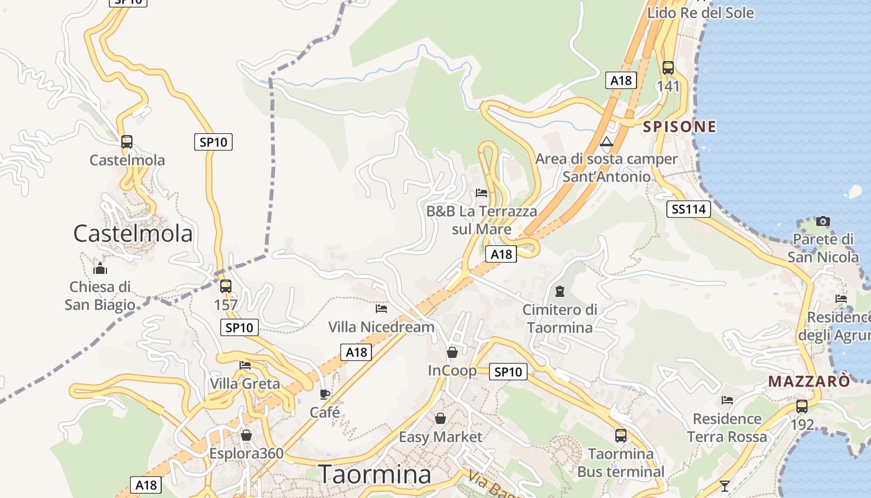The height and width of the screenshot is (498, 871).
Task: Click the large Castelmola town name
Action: tap(133, 234)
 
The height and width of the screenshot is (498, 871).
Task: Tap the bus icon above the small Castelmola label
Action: tap(127, 142)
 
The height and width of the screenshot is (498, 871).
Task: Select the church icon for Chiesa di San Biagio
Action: tap(100, 269)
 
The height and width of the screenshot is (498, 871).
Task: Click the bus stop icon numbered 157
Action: tap(226, 286)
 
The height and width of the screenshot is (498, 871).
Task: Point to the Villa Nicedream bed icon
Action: tap(381, 308)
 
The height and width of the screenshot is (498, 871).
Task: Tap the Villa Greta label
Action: tap(245, 383)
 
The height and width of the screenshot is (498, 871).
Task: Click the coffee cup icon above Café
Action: tap(324, 394)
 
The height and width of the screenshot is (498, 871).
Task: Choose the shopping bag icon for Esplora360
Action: tap(246, 435)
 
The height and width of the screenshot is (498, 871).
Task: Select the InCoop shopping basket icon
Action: tap(452, 353)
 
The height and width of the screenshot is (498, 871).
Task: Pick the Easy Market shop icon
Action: tap(440, 418)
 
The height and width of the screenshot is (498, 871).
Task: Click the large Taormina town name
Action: tap(375, 474)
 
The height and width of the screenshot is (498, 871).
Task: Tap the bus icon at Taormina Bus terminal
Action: tap(621, 435)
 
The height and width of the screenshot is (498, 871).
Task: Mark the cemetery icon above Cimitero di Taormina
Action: tap(560, 291)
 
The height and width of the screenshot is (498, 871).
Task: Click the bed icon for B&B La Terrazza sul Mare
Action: tap(481, 193)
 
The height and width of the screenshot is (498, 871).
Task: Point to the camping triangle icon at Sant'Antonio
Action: tap(607, 142)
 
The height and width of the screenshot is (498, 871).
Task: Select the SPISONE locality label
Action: tap(679, 127)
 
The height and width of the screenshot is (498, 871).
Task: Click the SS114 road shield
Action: tap(689, 209)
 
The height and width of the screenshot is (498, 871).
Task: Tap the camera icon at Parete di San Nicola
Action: tap(823, 221)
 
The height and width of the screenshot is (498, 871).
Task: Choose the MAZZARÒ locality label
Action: tap(809, 381)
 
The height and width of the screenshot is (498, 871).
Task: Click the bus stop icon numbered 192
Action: tap(802, 406)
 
